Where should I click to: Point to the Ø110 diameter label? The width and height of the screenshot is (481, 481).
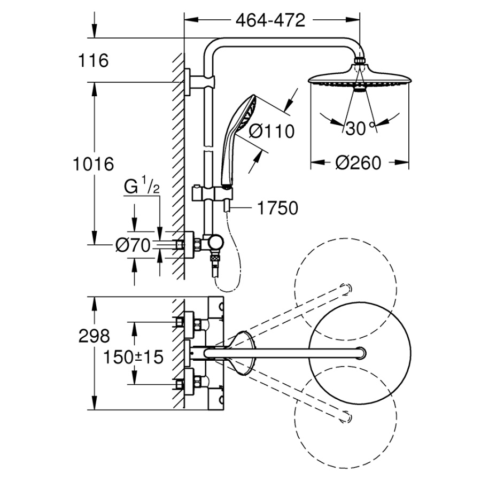coord(271,131)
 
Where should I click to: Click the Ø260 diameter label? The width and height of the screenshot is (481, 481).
coord(359,162)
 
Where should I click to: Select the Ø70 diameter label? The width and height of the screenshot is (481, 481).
coord(133,245)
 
